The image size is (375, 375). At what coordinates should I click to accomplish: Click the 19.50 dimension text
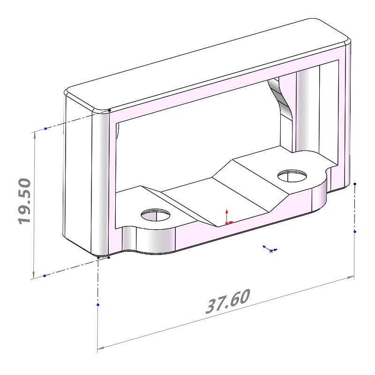pyautogui.click(x=25, y=202)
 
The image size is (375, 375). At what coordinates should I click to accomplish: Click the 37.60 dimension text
pyautogui.click(x=228, y=301)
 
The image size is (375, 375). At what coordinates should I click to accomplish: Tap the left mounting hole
pyautogui.click(x=156, y=215)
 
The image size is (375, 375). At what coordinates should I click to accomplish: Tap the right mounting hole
pyautogui.click(x=292, y=176)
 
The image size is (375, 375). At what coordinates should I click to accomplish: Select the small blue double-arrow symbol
pyautogui.click(x=270, y=249)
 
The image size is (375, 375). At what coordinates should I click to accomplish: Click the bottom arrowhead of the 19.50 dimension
pyautogui.click(x=34, y=275)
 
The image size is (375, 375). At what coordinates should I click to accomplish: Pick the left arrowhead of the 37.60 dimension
pyautogui.click(x=101, y=348)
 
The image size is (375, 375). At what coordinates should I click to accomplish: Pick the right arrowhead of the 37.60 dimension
pyautogui.click(x=351, y=277)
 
